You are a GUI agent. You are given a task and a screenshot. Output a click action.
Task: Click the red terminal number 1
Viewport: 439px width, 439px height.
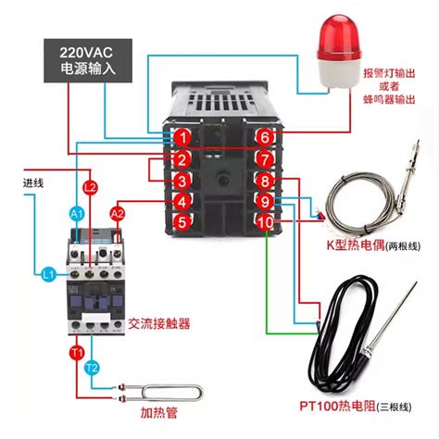click(x=184, y=137)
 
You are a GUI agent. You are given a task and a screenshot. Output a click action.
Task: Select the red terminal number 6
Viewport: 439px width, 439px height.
click(x=265, y=137)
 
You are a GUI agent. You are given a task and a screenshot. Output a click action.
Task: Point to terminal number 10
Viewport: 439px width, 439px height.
click(x=265, y=221)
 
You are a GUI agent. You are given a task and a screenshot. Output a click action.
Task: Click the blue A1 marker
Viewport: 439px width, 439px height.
click(x=77, y=214)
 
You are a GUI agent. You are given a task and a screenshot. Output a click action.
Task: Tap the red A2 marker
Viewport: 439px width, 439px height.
click(x=119, y=214)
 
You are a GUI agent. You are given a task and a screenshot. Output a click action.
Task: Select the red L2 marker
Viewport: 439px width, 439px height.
click(x=90, y=188)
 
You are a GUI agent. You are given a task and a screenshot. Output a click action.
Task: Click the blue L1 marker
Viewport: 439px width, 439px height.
click(x=48, y=273)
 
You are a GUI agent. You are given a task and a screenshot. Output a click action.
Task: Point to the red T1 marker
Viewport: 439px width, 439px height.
click(x=78, y=352)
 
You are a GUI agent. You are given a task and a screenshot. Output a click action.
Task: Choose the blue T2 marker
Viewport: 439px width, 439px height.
click(x=92, y=369)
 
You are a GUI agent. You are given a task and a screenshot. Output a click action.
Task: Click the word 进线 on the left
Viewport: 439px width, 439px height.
click(x=33, y=183)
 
